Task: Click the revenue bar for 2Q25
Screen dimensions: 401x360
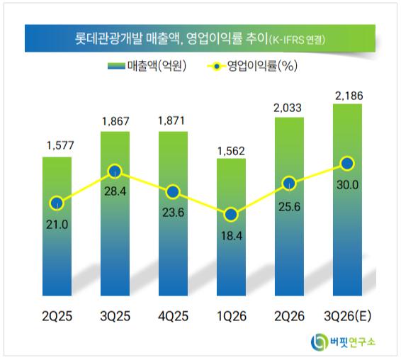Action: pyautogui.click(x=57, y=226)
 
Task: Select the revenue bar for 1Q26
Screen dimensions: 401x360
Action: pyautogui.click(x=231, y=227)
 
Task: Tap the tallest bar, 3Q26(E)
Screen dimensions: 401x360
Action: pyautogui.click(x=347, y=200)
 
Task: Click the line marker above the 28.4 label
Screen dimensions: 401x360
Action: pyautogui.click(x=115, y=171)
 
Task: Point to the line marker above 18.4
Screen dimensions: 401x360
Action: pyautogui.click(x=231, y=215)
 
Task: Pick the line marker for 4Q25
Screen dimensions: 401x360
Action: pyautogui.click(x=173, y=192)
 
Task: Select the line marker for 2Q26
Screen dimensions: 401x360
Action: pyautogui.click(x=289, y=184)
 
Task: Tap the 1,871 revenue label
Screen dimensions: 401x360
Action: pyautogui.click(x=171, y=120)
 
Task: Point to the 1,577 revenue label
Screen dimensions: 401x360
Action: pyautogui.click(x=60, y=145)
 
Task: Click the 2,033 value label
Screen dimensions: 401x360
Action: pyautogui.click(x=288, y=108)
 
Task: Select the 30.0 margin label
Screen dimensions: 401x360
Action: pyautogui.click(x=347, y=185)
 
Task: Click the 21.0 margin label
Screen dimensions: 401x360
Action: pyautogui.click(x=57, y=225)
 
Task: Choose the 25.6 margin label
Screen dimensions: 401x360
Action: pyautogui.click(x=289, y=207)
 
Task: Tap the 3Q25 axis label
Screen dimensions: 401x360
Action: pyautogui.click(x=115, y=316)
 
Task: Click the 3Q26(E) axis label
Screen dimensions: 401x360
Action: pyautogui.click(x=347, y=316)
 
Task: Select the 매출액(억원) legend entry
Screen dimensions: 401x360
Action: pyautogui.click(x=147, y=66)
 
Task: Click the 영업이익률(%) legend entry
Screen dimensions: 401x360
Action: pyautogui.click(x=252, y=66)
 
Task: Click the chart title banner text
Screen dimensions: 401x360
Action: pyautogui.click(x=200, y=39)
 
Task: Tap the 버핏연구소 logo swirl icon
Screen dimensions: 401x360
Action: pyautogui.click(x=319, y=342)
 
